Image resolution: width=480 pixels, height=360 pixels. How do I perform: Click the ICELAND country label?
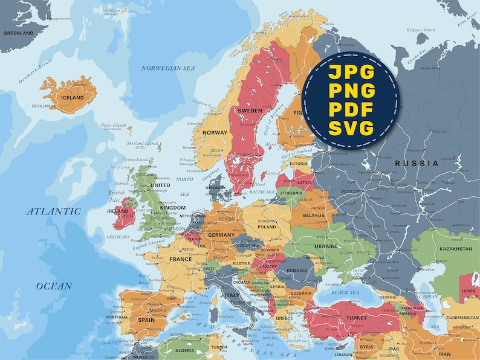pos(73,97)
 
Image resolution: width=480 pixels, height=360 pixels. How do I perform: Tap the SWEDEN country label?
pos(250,111)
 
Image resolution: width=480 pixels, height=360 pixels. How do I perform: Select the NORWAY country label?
pos(215,132)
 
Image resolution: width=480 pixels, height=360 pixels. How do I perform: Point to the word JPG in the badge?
pos(351,72)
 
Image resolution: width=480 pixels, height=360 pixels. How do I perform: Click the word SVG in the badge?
pos(351,128)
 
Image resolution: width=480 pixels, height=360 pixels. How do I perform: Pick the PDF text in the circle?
pos(351,109)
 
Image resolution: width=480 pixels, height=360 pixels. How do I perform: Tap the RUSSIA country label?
pos(417,164)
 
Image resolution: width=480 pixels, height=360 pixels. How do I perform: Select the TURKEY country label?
pos(357,318)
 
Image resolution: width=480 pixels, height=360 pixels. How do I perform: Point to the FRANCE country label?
pos(180,259)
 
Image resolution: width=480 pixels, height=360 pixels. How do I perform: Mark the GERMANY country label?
pos(221,235)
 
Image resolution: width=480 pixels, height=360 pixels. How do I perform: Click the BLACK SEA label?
pos(345,292)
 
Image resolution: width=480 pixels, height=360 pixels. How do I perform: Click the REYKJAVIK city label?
pos(44,106)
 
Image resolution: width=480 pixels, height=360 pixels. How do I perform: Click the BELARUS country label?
pos(314,214)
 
